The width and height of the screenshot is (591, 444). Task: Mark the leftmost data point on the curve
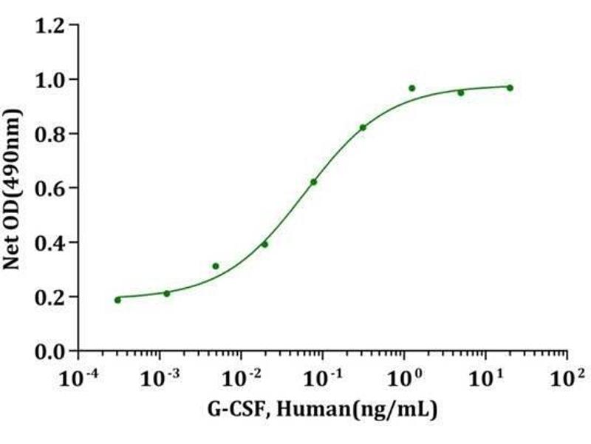(117, 300)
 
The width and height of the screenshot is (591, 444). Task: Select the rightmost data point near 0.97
(510, 88)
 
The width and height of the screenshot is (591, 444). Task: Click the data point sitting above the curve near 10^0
(411, 88)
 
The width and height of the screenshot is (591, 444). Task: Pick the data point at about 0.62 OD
(313, 182)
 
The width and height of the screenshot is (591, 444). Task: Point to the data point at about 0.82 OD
(363, 127)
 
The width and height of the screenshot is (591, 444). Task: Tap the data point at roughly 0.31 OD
(216, 266)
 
